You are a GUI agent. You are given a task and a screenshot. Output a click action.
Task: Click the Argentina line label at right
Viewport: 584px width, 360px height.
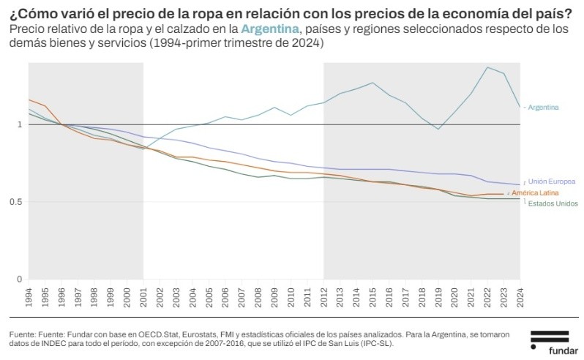tap(544, 108)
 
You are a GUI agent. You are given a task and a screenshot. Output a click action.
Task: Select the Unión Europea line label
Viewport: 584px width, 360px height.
tap(552, 181)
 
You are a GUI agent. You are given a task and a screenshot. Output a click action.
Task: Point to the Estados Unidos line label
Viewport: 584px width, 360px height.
tap(553, 203)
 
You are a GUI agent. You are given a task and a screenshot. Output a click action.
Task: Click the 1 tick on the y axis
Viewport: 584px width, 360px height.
tap(20, 125)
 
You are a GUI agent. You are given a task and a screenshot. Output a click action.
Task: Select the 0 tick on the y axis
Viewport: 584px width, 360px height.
tap(20, 279)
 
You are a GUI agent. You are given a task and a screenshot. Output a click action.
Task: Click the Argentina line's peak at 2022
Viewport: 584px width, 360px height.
tap(487, 67)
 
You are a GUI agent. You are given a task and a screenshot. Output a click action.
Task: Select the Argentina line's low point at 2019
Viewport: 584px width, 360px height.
tap(438, 130)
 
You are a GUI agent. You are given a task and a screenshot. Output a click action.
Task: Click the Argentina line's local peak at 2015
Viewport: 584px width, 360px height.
tap(373, 83)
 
